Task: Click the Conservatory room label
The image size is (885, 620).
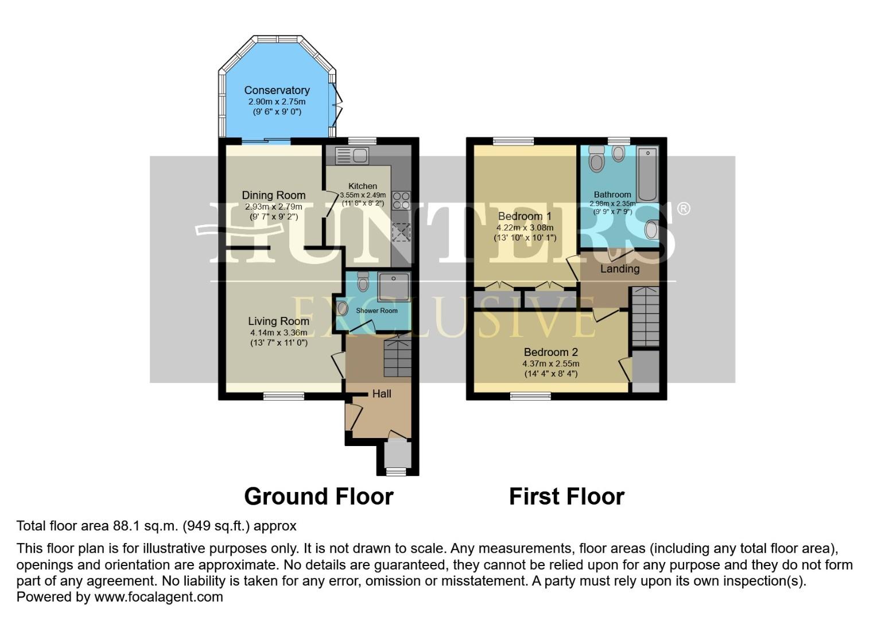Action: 277,90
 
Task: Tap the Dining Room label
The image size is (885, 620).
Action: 273,195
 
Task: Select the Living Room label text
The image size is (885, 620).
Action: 278,321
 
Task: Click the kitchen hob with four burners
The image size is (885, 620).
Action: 401,200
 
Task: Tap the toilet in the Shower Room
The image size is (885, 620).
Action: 363,281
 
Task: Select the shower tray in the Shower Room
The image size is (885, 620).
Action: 394,286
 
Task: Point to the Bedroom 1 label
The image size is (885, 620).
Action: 525,216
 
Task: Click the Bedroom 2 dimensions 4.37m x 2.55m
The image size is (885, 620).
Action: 550,363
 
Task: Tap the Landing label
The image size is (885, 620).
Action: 620,269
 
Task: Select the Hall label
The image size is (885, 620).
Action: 382,394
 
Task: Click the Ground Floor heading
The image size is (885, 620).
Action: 319,497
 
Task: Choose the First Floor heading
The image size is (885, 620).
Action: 566,497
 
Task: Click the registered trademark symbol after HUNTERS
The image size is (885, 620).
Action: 684,208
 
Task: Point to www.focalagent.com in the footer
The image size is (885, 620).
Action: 158,596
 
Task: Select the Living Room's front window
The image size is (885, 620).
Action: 284,396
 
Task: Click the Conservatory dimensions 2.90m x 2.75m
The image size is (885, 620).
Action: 277,102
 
